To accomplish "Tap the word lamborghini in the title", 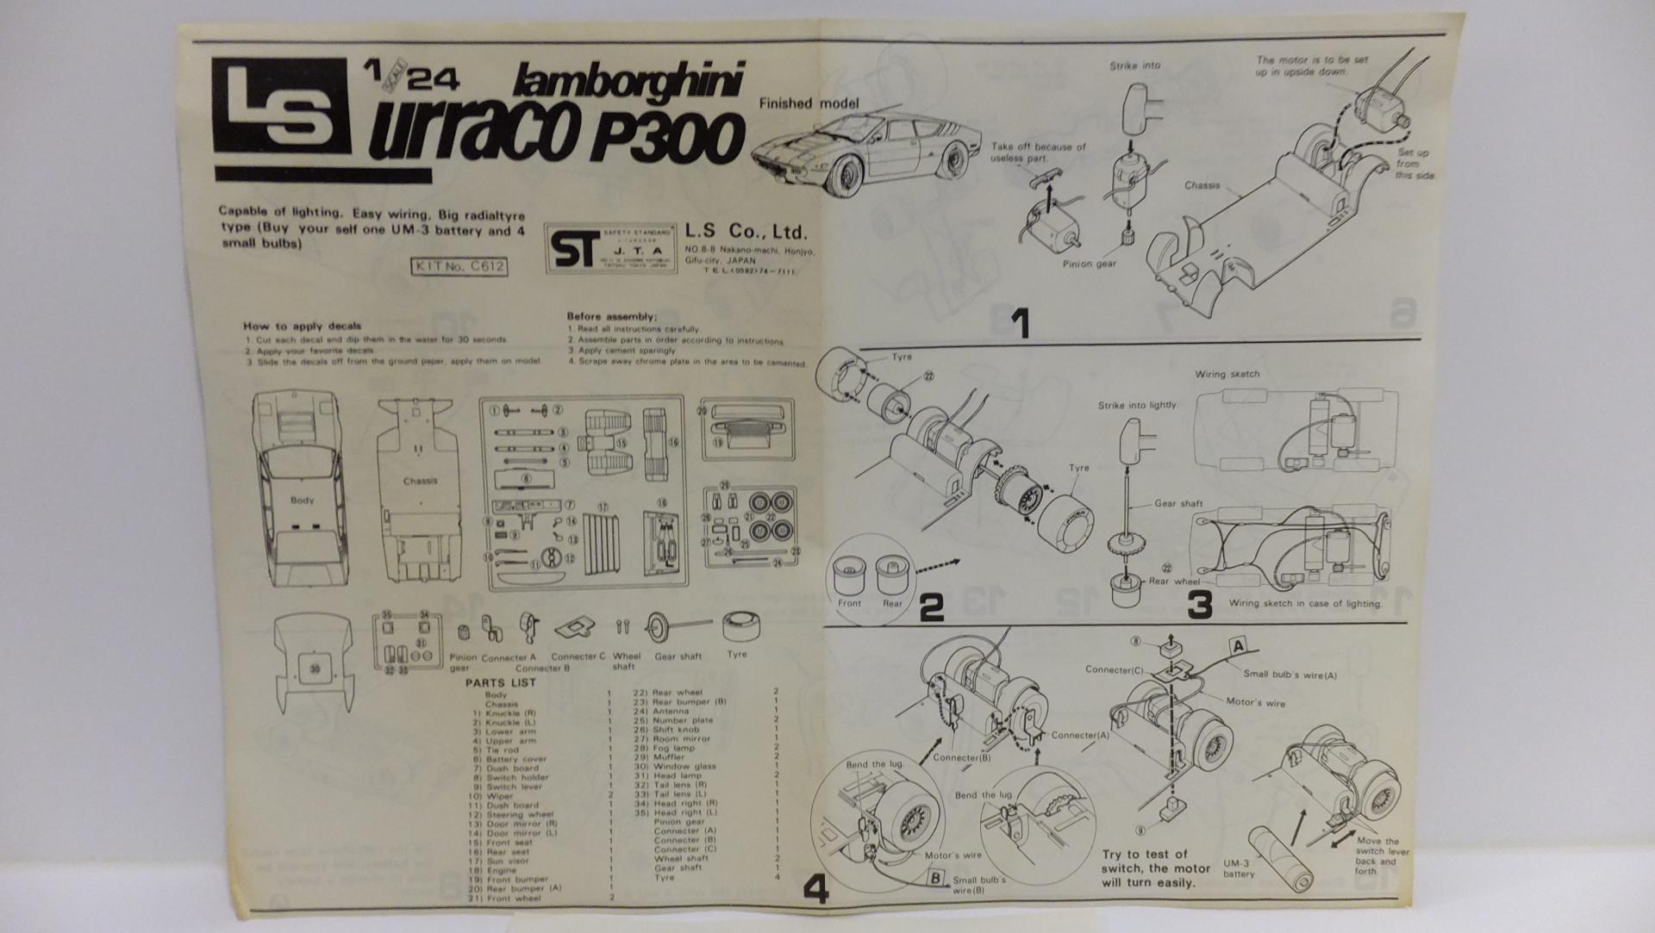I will pyautogui.click(x=628, y=81).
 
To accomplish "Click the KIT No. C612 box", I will pyautogui.click(x=459, y=267).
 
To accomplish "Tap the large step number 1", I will pyautogui.click(x=1020, y=324).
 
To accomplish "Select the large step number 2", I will pyautogui.click(x=932, y=608).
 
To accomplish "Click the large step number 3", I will pyautogui.click(x=1199, y=605).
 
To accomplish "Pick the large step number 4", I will pyautogui.click(x=815, y=889).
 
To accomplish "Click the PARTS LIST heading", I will pyautogui.click(x=501, y=682).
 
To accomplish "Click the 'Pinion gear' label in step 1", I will pyautogui.click(x=1089, y=264).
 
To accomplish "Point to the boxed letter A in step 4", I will pyautogui.click(x=1238, y=646).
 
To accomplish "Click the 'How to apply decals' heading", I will pyautogui.click(x=302, y=326).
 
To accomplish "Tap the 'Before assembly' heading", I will pyautogui.click(x=612, y=316).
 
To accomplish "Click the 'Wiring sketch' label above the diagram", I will pyautogui.click(x=1227, y=374).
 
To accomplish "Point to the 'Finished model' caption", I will pyautogui.click(x=809, y=103).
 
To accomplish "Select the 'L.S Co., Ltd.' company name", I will pyautogui.click(x=746, y=232).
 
